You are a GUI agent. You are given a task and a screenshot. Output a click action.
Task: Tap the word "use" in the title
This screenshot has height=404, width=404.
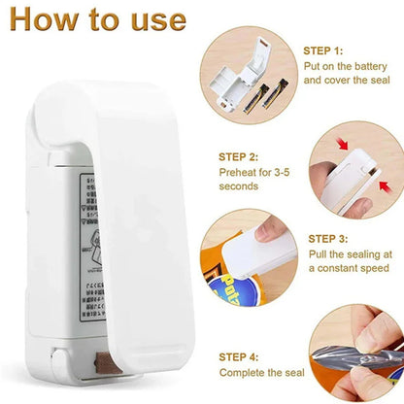click(153, 21)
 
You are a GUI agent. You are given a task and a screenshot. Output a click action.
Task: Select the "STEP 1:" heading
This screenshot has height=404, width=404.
click(323, 50)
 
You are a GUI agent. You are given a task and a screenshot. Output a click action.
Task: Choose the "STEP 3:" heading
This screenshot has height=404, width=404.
click(330, 237)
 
